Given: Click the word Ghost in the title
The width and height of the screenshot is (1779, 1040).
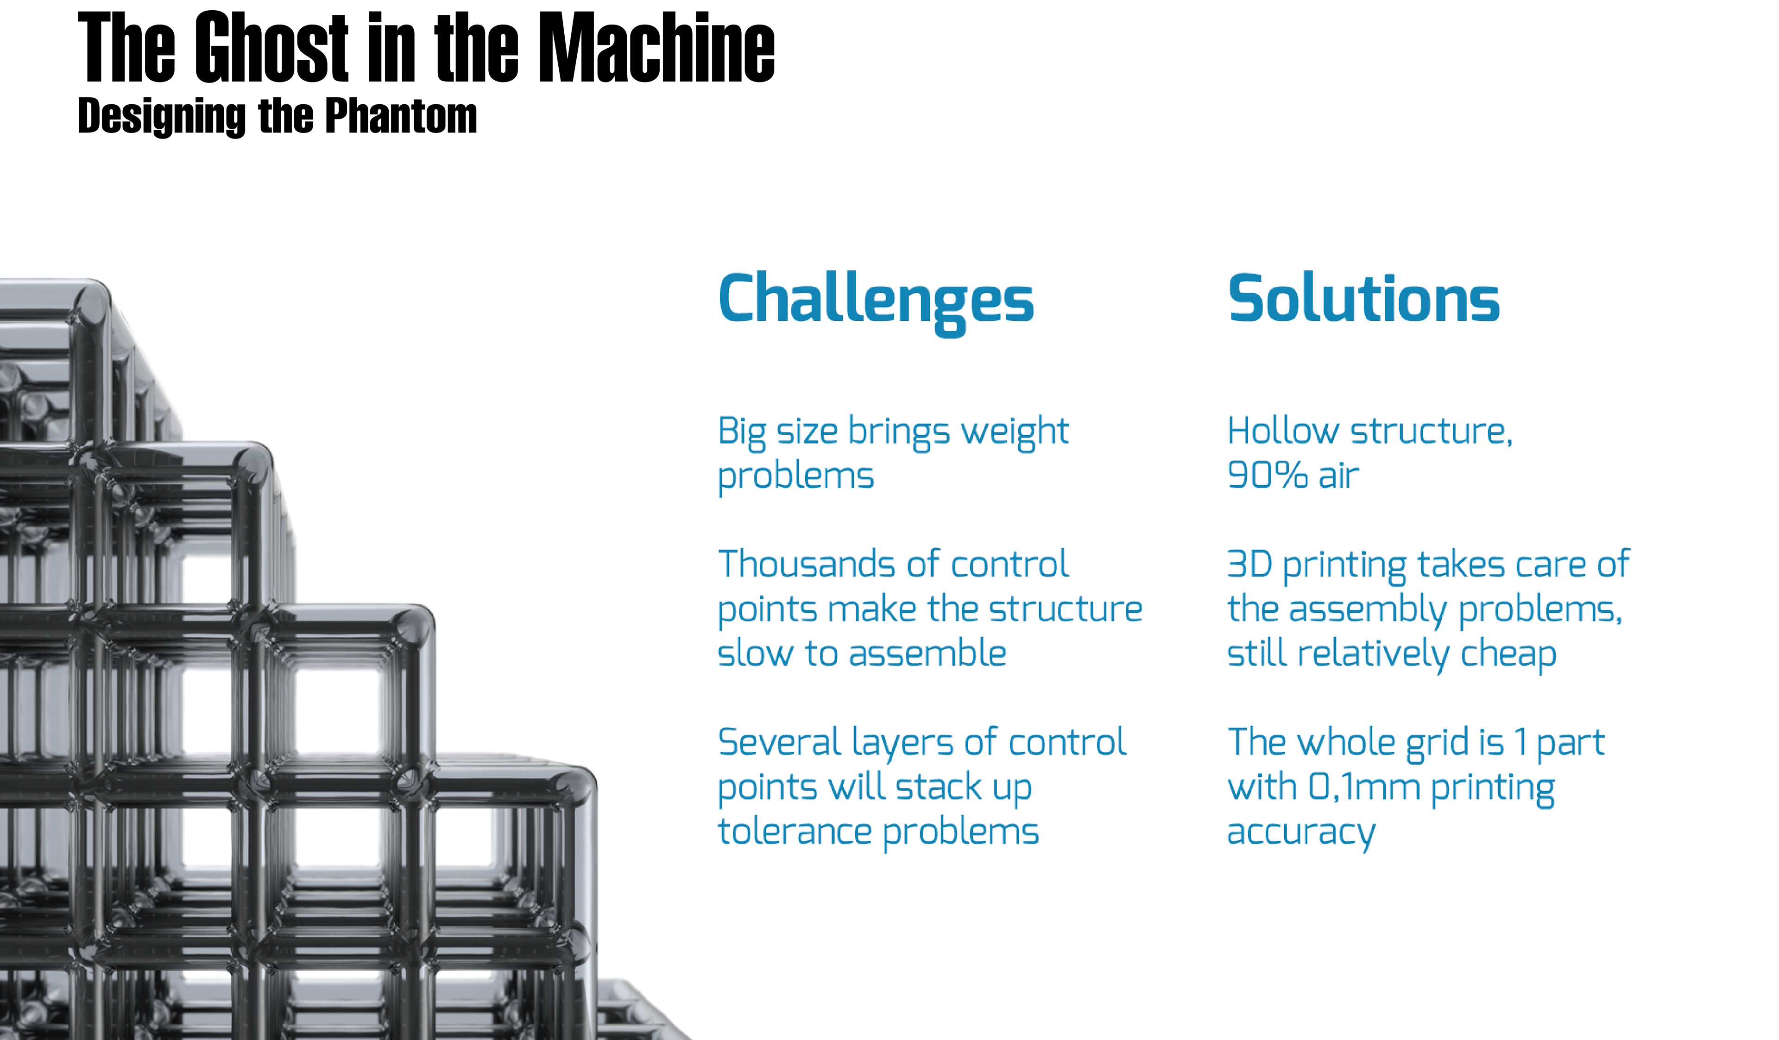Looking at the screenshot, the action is (x=272, y=47).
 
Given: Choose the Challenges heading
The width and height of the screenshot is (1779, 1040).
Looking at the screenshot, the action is (x=876, y=302).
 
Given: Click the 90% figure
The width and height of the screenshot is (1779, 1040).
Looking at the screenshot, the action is (x=1268, y=475).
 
